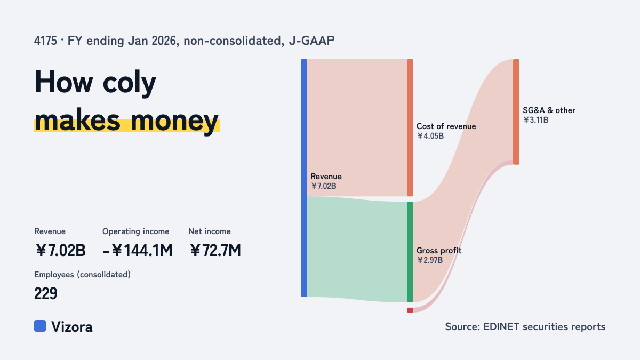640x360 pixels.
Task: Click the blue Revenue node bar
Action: [304, 178]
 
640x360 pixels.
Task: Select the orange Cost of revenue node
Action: [410, 127]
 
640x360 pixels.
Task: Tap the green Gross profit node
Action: [410, 252]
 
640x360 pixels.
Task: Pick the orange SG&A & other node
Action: [516, 112]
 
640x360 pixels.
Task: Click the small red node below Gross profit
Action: [410, 310]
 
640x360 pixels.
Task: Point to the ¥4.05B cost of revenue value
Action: [430, 136]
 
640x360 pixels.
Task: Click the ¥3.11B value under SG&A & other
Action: [535, 120]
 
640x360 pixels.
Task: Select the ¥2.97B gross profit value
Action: [430, 260]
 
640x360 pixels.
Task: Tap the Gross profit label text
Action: [439, 251]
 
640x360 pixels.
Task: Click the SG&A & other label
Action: [549, 110]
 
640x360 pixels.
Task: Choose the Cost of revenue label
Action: [446, 126]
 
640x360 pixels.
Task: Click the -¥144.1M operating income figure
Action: [138, 250]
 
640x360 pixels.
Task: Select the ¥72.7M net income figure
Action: [215, 250]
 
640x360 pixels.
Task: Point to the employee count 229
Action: [46, 293]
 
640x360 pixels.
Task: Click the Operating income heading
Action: [135, 231]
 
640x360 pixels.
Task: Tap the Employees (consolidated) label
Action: [82, 275]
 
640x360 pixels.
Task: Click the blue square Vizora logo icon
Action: [40, 326]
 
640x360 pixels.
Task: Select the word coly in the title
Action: [130, 83]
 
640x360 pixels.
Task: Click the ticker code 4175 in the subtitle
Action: [45, 41]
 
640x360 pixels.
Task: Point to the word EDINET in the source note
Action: [501, 326]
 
